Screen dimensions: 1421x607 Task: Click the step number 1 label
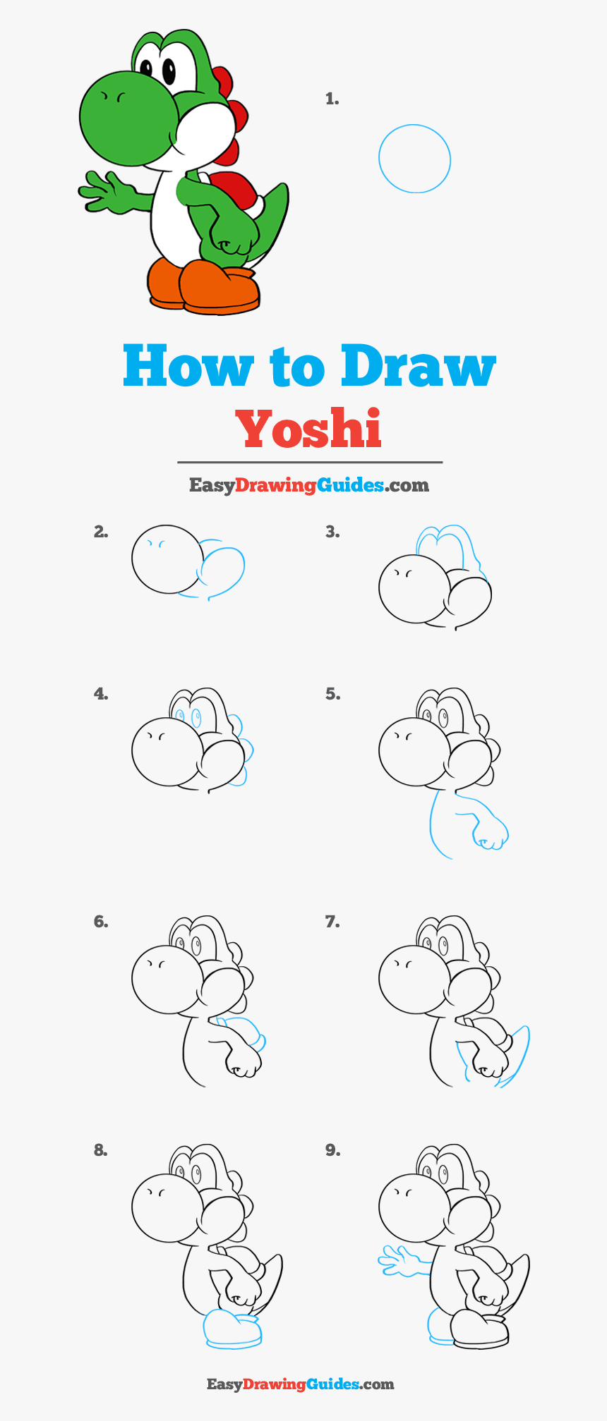tap(332, 99)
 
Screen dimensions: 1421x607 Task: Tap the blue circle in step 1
tap(414, 159)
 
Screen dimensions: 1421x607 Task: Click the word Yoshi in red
tap(308, 429)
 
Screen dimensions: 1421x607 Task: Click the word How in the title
tap(188, 366)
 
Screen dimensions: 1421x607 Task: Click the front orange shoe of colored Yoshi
tap(220, 288)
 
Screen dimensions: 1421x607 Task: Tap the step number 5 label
tap(332, 694)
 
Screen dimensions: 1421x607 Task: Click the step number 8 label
tap(101, 1150)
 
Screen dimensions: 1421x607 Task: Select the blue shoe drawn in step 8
tap(232, 1329)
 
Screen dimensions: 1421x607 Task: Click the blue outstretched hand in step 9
tap(399, 1260)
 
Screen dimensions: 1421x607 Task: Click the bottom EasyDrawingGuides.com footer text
tap(300, 1384)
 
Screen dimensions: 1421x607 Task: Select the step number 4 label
tap(101, 694)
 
